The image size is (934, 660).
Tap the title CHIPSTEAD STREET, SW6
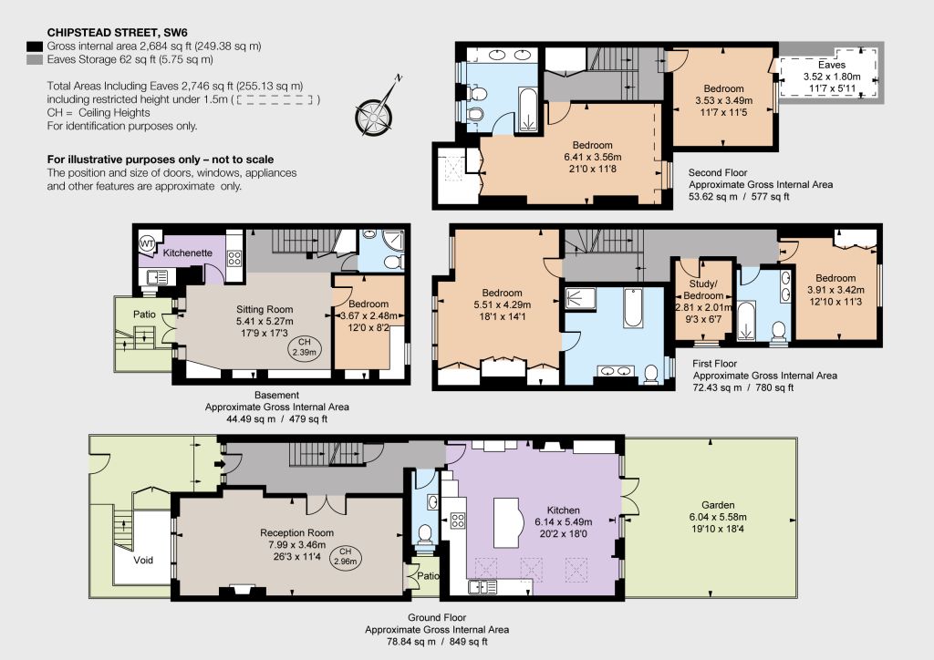point(118,33)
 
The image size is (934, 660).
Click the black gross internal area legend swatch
point(36,46)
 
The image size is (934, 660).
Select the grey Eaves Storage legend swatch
point(36,59)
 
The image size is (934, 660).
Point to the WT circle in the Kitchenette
point(147,244)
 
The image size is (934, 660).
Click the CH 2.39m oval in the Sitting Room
point(304,347)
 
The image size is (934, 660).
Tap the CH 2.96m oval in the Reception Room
point(345,556)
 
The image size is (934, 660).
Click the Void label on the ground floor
point(143,560)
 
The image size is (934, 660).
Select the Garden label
point(718,505)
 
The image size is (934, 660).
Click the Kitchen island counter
point(507,522)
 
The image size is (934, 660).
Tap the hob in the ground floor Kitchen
point(458,521)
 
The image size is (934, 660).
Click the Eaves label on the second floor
point(832,65)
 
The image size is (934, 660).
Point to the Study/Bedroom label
point(703,290)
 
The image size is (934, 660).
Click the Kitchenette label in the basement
point(188,253)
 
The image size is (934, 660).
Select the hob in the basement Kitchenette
point(234,258)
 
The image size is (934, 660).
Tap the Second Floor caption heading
point(718,172)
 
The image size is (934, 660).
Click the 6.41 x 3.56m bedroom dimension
point(593,157)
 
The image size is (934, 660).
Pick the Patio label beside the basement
point(144,315)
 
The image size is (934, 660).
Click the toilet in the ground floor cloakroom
point(425,533)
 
